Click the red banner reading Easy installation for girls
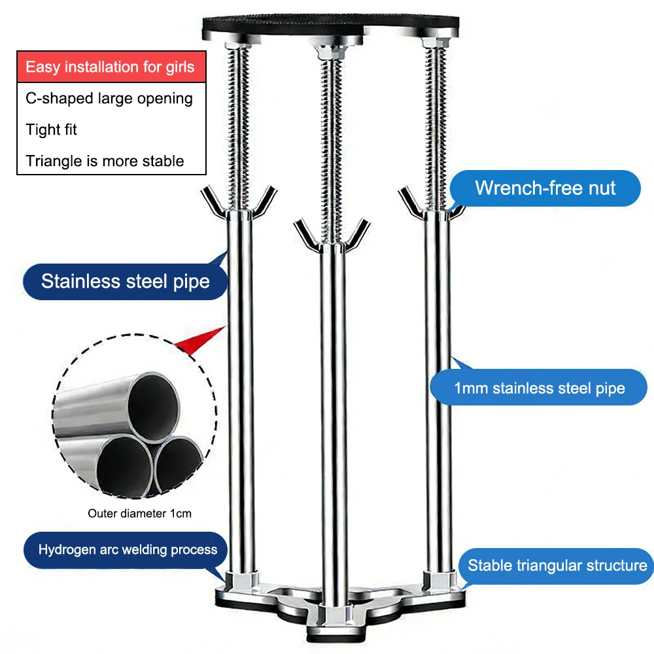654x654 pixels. pos(111,67)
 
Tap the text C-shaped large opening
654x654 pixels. pos(109,99)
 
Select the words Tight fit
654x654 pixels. pos(51,129)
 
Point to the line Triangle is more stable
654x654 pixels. pos(105,161)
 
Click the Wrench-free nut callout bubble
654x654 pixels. pos(545,188)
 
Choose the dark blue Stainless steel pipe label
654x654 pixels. pos(125,281)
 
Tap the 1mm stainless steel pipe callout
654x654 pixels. pos(539,387)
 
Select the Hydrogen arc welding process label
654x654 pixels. pos(126,550)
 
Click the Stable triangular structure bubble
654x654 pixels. pos(557,566)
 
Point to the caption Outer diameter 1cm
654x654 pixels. pos(139,513)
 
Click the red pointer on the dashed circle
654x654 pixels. pos(199,339)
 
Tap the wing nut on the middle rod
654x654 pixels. pos(332,236)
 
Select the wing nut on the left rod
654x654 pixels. pos(239,203)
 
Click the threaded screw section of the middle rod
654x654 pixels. pos(332,150)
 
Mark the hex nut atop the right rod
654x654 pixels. pos(436,43)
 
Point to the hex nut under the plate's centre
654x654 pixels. pos(331,52)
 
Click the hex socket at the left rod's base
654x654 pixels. pos(240,581)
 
